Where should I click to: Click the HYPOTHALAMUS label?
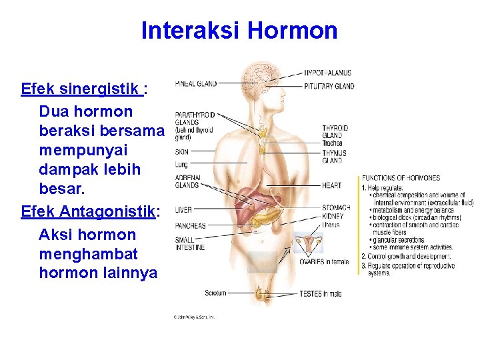327,73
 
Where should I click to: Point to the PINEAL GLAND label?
195,84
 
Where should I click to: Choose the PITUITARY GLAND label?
329,86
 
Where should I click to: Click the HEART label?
331,185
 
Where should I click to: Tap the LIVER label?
183,210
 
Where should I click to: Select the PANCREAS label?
190,226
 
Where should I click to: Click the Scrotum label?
215,293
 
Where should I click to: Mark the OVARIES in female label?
324,262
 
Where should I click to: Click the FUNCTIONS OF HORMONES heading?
401,178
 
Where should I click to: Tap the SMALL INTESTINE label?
190,244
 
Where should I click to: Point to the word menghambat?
88,254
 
